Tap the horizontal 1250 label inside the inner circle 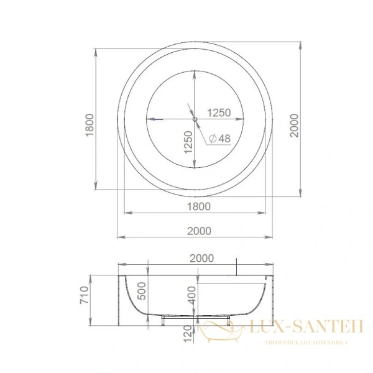219,113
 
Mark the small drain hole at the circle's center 195,119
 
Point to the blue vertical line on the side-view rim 236,266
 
